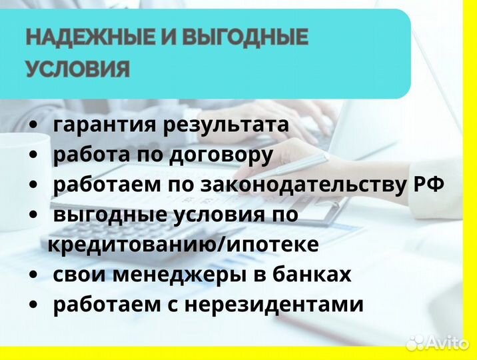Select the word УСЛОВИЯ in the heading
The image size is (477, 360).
pos(78,69)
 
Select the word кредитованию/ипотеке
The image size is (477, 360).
pos(183,245)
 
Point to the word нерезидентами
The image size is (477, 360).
pos(274,305)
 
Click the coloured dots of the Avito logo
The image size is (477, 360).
pos(415,342)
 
